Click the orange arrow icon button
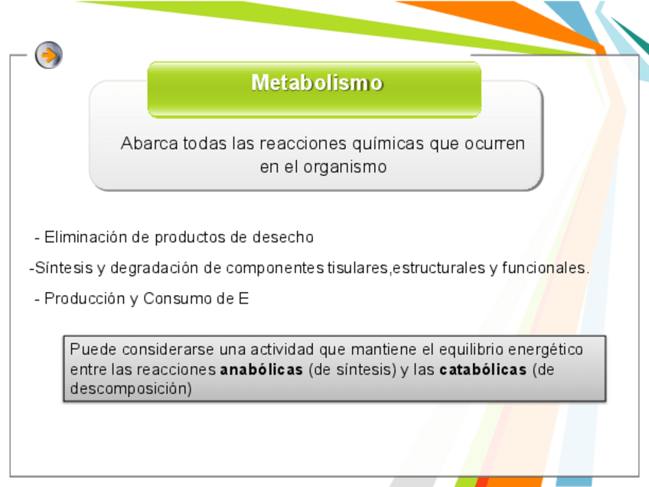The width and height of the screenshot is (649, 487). [49, 55]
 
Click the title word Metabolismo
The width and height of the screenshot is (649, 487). [317, 83]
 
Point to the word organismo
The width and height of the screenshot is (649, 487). [345, 167]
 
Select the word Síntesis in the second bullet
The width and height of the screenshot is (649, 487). [64, 268]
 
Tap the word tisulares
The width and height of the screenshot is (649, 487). [358, 268]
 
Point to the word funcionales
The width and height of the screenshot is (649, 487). [545, 268]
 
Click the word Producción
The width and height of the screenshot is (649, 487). [84, 298]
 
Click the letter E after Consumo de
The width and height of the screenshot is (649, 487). [244, 298]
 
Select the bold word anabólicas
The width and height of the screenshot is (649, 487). [261, 369]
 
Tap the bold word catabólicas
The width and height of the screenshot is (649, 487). [483, 369]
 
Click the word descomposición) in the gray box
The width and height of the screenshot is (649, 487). [131, 389]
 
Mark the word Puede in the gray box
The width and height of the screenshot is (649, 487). [93, 349]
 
